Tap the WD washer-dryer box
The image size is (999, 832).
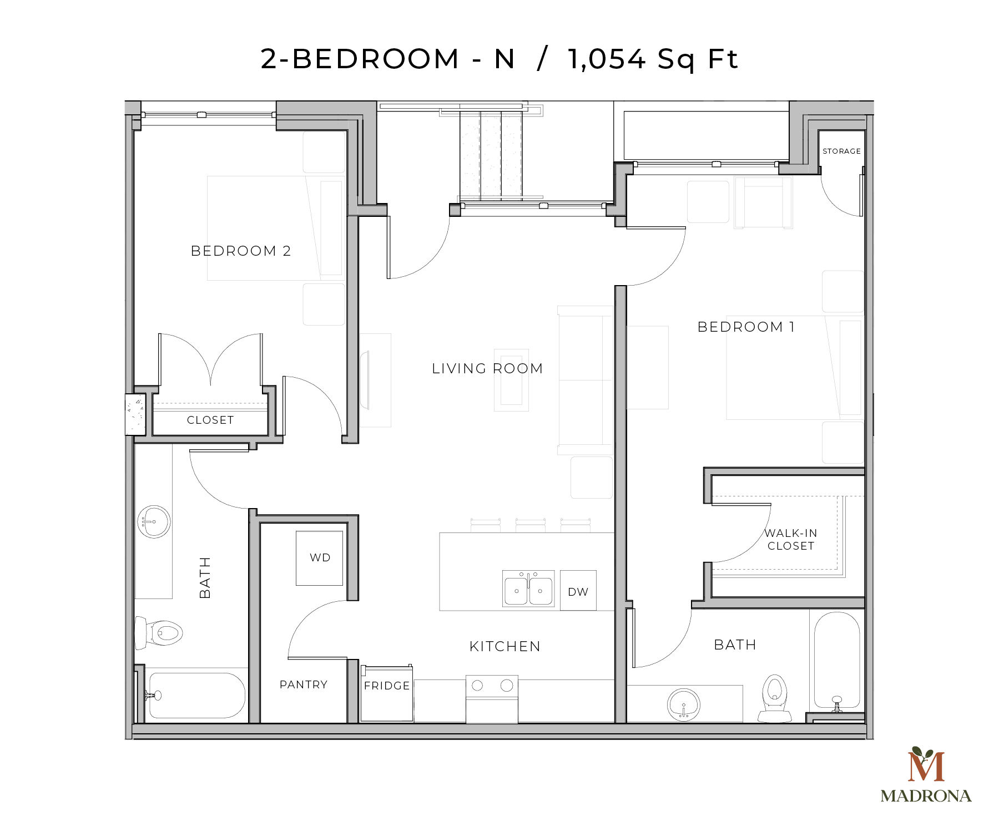[319, 557]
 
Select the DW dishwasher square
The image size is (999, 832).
[578, 591]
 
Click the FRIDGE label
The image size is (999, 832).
[387, 686]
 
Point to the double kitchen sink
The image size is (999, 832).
[528, 589]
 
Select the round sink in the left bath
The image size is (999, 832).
[153, 521]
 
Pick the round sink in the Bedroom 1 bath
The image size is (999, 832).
[684, 704]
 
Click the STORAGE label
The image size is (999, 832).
[841, 151]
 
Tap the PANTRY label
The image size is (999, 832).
[304, 684]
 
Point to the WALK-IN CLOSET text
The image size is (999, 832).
[791, 539]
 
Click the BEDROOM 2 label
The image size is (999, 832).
[241, 251]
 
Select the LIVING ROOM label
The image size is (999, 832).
[487, 368]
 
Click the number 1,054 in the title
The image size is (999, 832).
[607, 59]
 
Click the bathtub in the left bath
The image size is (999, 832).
[197, 696]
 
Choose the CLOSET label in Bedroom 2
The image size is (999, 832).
[210, 420]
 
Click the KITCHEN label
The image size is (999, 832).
[504, 646]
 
